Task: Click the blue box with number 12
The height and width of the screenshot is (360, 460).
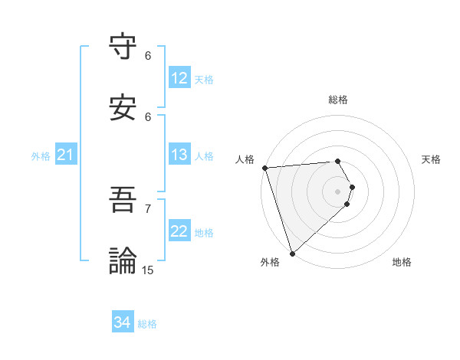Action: [179, 78]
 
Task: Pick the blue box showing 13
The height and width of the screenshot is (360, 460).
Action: [179, 155]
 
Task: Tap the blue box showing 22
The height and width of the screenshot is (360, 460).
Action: [179, 231]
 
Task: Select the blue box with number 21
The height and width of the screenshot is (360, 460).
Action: [65, 155]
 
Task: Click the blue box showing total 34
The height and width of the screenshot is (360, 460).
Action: [123, 322]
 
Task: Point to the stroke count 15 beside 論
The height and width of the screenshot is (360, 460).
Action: [148, 270]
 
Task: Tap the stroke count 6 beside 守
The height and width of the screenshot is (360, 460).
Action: [148, 55]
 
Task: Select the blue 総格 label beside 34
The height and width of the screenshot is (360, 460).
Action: [147, 324]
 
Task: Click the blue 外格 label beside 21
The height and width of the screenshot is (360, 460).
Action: [41, 156]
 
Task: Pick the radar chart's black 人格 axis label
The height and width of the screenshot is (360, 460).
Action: [244, 159]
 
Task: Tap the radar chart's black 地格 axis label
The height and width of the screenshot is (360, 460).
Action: [402, 262]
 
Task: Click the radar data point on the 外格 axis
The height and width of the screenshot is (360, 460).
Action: [292, 253]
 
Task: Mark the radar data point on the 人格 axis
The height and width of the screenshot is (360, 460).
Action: [264, 168]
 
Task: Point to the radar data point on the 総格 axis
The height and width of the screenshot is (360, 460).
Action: [337, 161]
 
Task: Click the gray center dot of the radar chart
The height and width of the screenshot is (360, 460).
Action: [337, 191]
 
